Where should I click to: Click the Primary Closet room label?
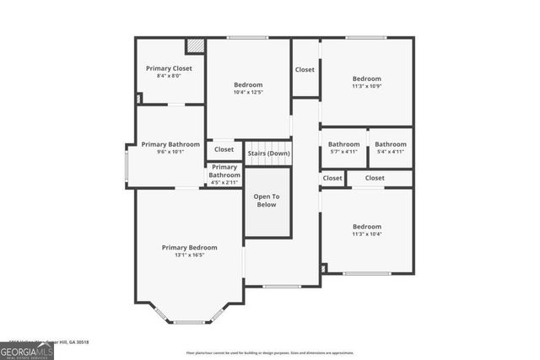170,67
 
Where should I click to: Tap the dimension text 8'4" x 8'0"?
170,76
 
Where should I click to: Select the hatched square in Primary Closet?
195,46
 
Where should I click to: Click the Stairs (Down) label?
267,153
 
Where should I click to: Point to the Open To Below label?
267,201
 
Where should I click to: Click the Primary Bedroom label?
189,247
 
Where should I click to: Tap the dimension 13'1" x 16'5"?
189,255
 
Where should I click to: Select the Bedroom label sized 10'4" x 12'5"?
248,84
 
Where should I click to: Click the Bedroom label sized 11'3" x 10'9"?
366,78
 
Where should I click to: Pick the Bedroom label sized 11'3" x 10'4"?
366,226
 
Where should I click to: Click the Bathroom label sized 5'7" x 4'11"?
343,144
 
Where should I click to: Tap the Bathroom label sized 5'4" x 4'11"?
391,144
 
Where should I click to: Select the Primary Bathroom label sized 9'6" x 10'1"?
170,144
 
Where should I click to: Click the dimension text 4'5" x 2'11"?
224,182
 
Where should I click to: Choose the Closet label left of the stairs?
224,150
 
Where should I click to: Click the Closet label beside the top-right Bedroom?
305,69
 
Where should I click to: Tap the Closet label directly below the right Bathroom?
375,178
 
